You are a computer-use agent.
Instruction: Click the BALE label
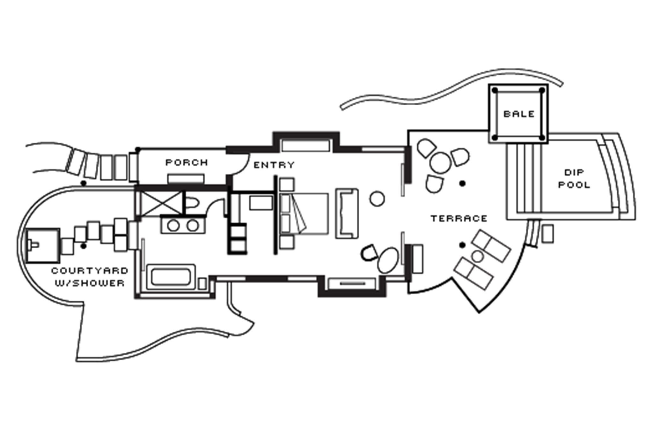pyautogui.click(x=519, y=114)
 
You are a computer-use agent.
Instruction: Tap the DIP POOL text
pyautogui.click(x=574, y=179)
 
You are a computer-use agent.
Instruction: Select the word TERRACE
pyautogui.click(x=459, y=219)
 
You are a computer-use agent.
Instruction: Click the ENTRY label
pyautogui.click(x=274, y=165)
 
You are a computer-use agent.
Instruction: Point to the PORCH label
pyautogui.click(x=187, y=162)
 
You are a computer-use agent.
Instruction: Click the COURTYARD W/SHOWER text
pyautogui.click(x=90, y=277)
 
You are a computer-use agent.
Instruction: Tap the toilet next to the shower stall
pyautogui.click(x=192, y=203)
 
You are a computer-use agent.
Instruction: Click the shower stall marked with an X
pyautogui.click(x=159, y=203)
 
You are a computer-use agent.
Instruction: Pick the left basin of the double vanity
pyautogui.click(x=173, y=226)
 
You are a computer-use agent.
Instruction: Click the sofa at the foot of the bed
pyautogui.click(x=347, y=213)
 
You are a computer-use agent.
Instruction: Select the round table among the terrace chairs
pyautogui.click(x=440, y=162)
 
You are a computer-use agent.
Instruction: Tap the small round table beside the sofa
pyautogui.click(x=377, y=199)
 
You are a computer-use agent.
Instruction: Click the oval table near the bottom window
pyautogui.click(x=388, y=260)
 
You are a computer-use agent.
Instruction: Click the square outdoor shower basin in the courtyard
pyautogui.click(x=42, y=245)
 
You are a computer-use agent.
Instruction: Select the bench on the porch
pyautogui.click(x=186, y=178)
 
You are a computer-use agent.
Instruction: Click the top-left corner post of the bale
pyautogui.click(x=495, y=91)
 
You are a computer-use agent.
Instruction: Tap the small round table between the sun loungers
pyautogui.click(x=477, y=256)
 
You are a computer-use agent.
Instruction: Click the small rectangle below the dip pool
pyautogui.click(x=547, y=234)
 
